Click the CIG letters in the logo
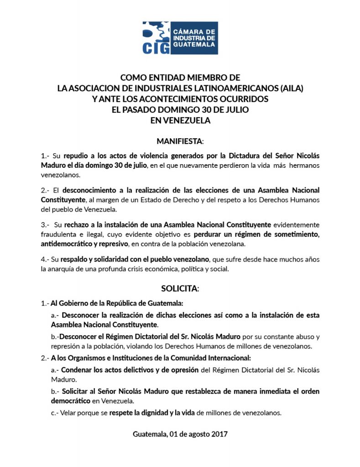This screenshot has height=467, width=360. click(155, 48)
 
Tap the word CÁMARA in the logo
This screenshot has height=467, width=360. click(185, 31)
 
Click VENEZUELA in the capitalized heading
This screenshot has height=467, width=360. click(180, 121)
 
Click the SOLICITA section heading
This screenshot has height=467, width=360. click(180, 288)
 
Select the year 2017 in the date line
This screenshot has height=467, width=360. click(219, 433)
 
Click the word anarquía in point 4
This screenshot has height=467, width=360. click(69, 269)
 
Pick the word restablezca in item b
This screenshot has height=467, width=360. click(206, 392)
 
